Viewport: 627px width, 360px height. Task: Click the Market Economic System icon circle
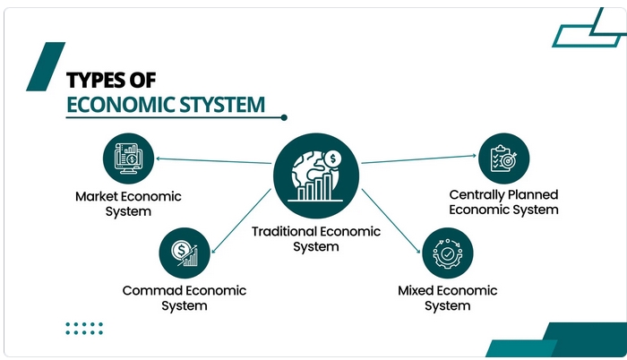point(127,158)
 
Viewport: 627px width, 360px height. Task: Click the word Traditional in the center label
point(285,231)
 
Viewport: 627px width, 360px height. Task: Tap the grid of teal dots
point(84,328)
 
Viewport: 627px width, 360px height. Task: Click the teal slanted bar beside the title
point(43,67)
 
